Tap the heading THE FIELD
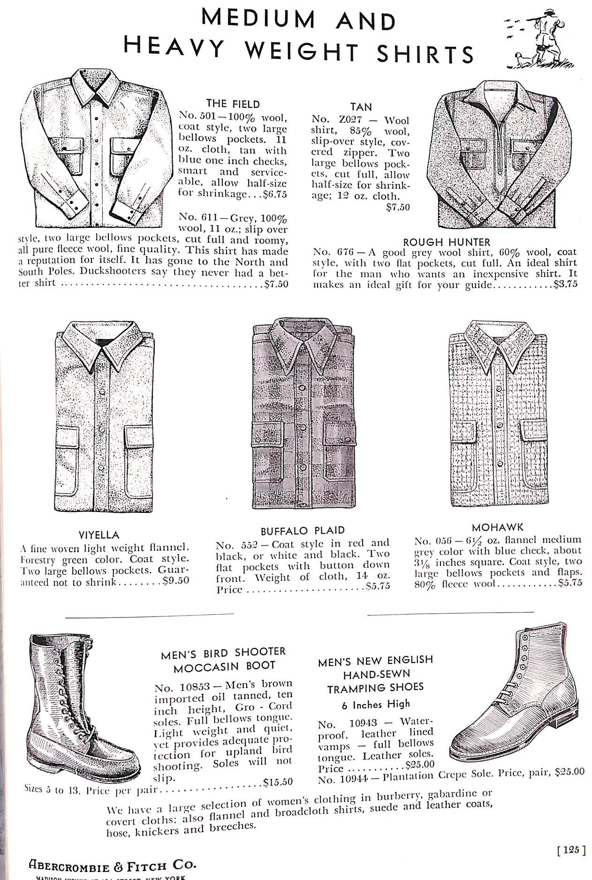click(x=233, y=104)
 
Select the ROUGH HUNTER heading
click(x=446, y=242)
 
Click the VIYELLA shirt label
click(x=99, y=535)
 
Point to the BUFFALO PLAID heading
click(x=303, y=531)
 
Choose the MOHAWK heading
click(x=497, y=527)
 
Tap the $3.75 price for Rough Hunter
click(x=565, y=284)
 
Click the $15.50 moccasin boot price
click(x=278, y=782)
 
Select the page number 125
click(x=571, y=850)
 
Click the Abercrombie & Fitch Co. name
click(x=112, y=865)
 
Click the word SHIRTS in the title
click(x=425, y=54)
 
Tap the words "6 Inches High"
click(x=375, y=704)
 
